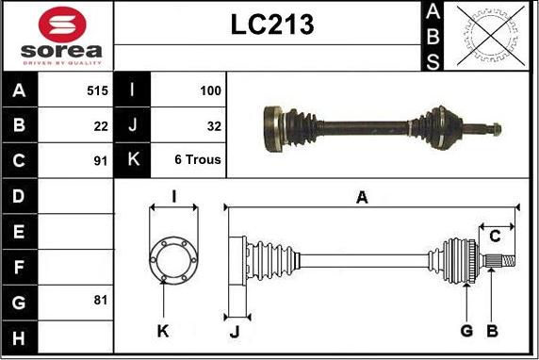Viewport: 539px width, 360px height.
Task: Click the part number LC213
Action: click(272, 25)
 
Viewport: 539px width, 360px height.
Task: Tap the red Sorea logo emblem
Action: click(62, 25)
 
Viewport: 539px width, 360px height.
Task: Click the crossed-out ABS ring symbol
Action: click(491, 36)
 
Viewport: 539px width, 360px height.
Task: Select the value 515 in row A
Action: click(97, 90)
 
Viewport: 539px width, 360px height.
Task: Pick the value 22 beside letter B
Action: click(101, 126)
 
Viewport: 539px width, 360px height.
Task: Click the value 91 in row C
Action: click(101, 161)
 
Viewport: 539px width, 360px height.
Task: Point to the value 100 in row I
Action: click(210, 90)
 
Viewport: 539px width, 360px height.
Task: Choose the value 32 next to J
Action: click(214, 126)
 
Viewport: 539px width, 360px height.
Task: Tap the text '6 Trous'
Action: click(198, 159)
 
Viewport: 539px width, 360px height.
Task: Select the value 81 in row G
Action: click(101, 300)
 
